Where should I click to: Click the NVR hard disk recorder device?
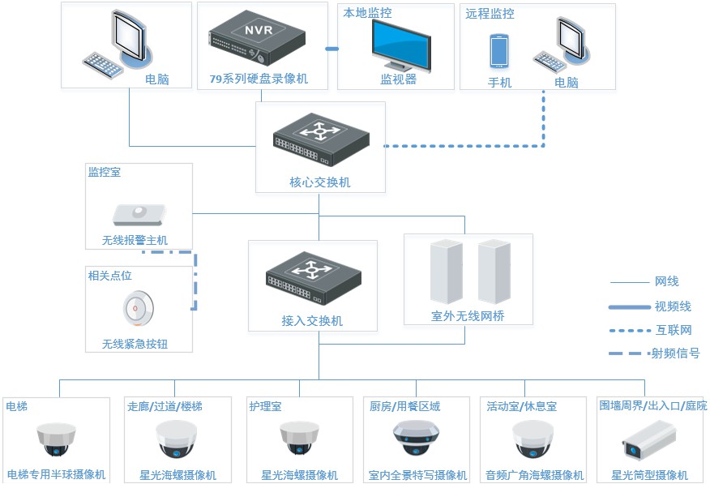(x=257, y=37)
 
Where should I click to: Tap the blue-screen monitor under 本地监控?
(x=401, y=46)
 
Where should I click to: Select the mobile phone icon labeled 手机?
(x=499, y=51)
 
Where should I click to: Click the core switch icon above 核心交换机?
(x=321, y=139)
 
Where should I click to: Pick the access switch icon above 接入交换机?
(x=314, y=278)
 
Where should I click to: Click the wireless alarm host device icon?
(x=139, y=215)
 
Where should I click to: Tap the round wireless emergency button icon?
(x=138, y=308)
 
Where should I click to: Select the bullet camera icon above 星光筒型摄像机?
(x=649, y=439)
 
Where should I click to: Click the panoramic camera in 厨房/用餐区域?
(x=416, y=438)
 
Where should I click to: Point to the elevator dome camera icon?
(x=56, y=439)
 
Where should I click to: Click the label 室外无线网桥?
(x=468, y=316)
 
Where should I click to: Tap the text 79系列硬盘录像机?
(x=259, y=79)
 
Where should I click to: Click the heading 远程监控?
(x=490, y=14)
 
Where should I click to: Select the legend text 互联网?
(x=674, y=330)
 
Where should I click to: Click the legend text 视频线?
(x=673, y=306)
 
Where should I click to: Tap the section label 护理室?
(x=265, y=406)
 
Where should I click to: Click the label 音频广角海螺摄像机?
(x=534, y=475)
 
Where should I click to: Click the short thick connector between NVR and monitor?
(x=332, y=49)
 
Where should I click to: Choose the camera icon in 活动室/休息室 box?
(x=533, y=439)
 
